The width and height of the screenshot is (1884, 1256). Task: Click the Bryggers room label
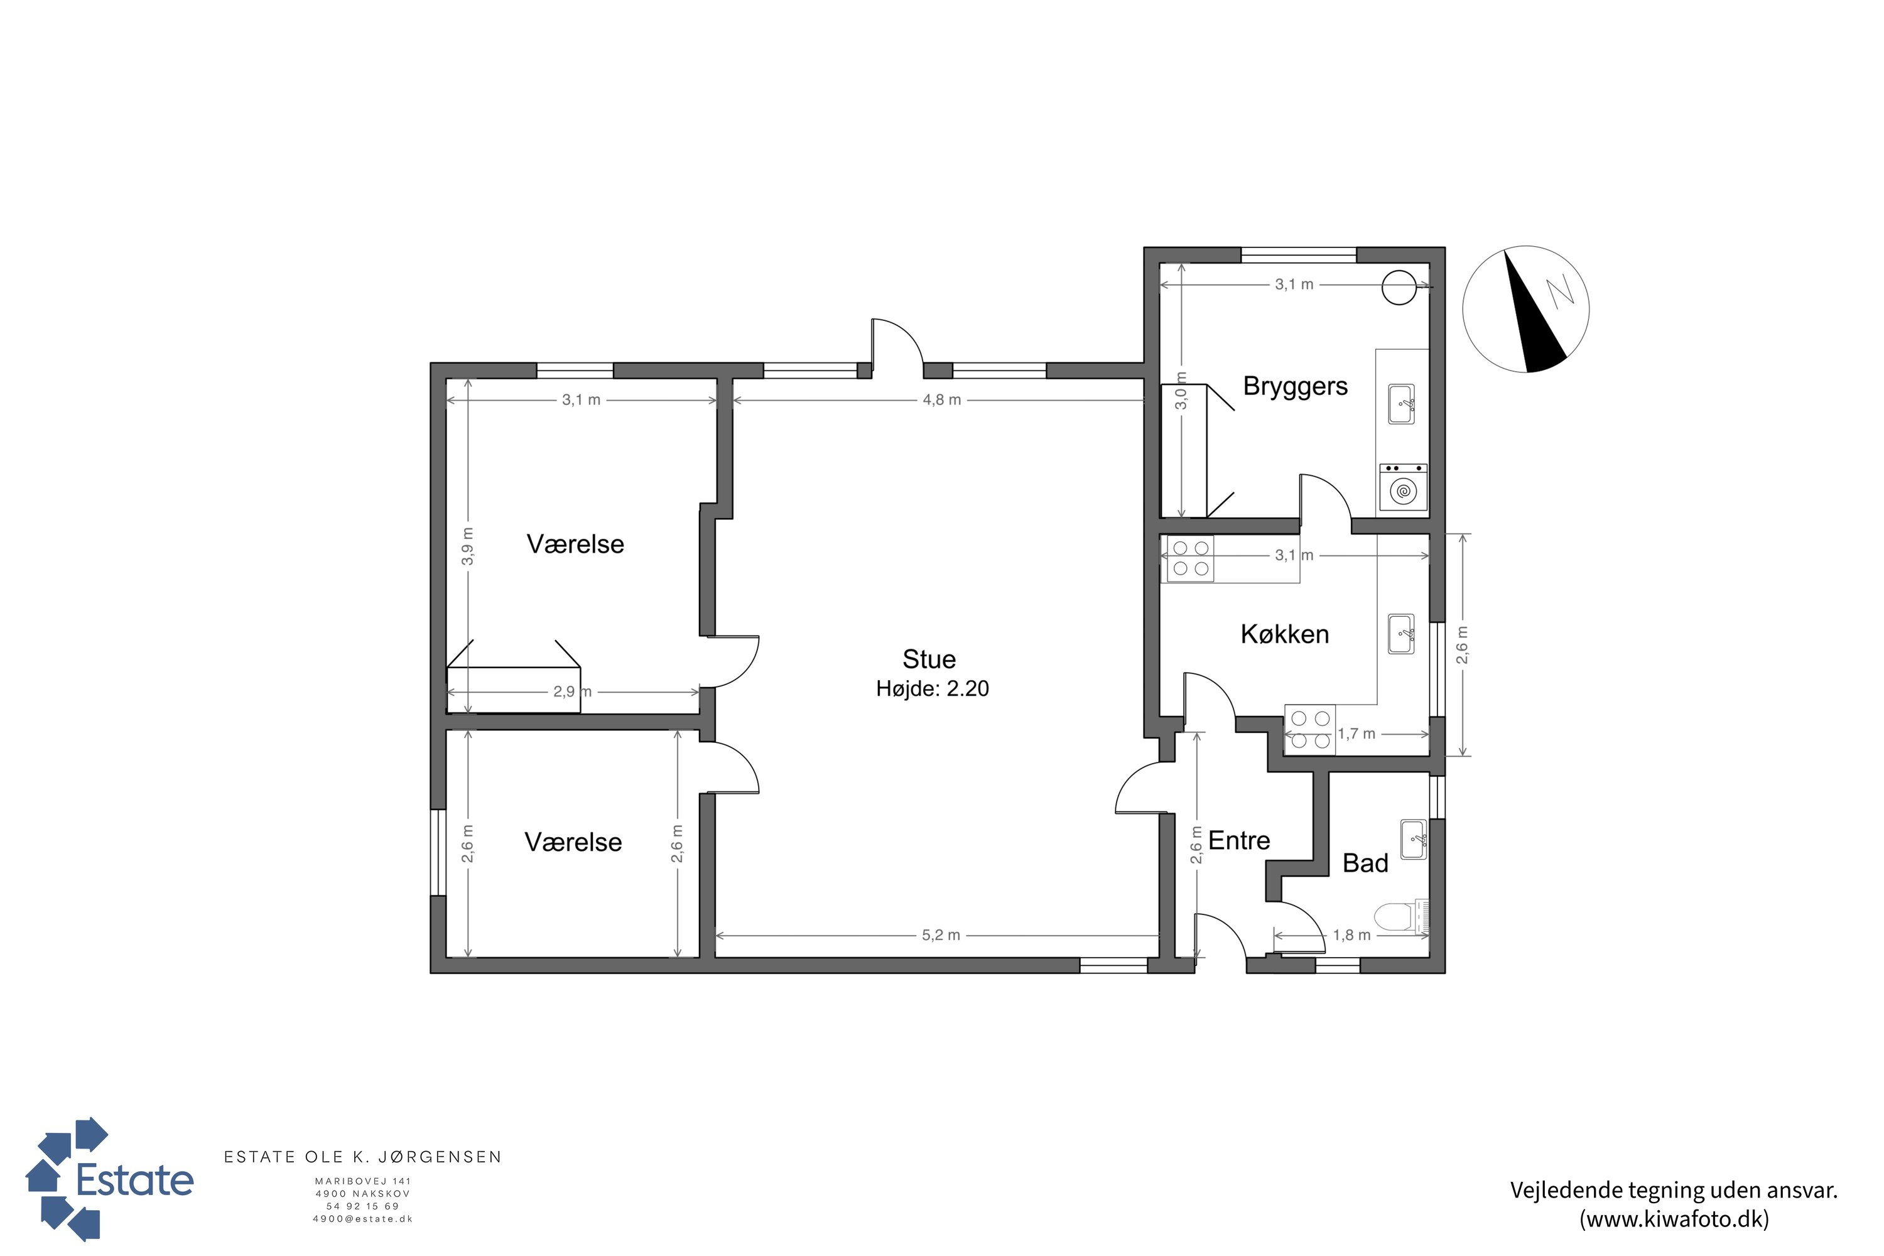(1295, 387)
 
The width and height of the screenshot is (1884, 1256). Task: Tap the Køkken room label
(1285, 634)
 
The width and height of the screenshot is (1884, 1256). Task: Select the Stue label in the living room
(929, 659)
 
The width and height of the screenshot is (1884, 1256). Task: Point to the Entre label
(1239, 840)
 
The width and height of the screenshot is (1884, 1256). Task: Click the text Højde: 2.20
(933, 689)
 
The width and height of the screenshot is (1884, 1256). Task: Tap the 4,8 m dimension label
(942, 399)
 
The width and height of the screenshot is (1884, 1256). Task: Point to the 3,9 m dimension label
(468, 546)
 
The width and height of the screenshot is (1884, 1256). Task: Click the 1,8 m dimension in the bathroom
(1351, 935)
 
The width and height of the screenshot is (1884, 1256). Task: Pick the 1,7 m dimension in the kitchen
(1356, 734)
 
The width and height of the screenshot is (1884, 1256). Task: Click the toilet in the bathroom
(1402, 916)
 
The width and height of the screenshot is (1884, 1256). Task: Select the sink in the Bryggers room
(1401, 404)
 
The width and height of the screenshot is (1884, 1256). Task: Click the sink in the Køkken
(1401, 634)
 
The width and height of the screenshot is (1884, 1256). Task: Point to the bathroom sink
(1413, 838)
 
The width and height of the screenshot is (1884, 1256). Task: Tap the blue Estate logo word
(134, 1180)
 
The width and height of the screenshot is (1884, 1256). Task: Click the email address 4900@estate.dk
(363, 1219)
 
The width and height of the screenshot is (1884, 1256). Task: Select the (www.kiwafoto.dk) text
(1674, 1219)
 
